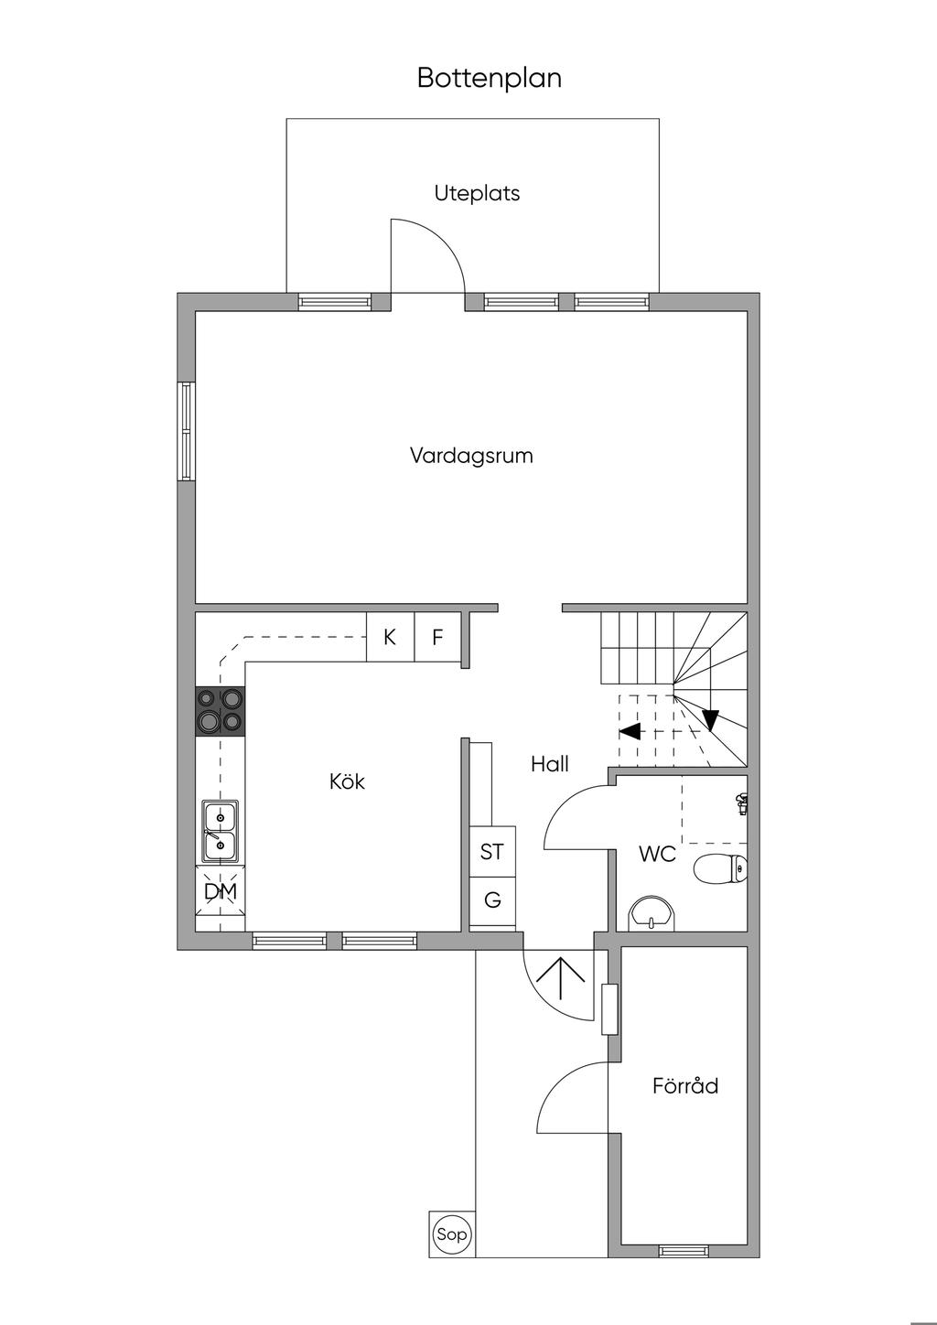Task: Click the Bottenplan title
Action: pyautogui.click(x=489, y=78)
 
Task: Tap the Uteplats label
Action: pyautogui.click(x=477, y=193)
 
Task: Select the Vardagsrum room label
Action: pyautogui.click(x=471, y=455)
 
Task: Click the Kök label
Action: pyautogui.click(x=348, y=781)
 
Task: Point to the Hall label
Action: pyautogui.click(x=550, y=764)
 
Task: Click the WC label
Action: pyautogui.click(x=657, y=855)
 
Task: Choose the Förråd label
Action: pyautogui.click(x=685, y=1086)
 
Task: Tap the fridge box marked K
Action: pyautogui.click(x=390, y=637)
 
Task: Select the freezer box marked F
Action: pyautogui.click(x=438, y=637)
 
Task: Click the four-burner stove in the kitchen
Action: pyautogui.click(x=221, y=711)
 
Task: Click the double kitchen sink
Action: pyautogui.click(x=221, y=831)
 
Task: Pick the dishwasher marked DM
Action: pyautogui.click(x=221, y=890)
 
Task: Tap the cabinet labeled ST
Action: pyautogui.click(x=492, y=851)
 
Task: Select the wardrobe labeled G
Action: pyautogui.click(x=492, y=900)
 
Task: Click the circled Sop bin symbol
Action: pyautogui.click(x=452, y=1234)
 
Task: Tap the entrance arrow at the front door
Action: pyautogui.click(x=560, y=978)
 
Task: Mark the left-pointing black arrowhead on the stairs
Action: pyautogui.click(x=630, y=731)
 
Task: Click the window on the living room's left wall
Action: pyautogui.click(x=187, y=431)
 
